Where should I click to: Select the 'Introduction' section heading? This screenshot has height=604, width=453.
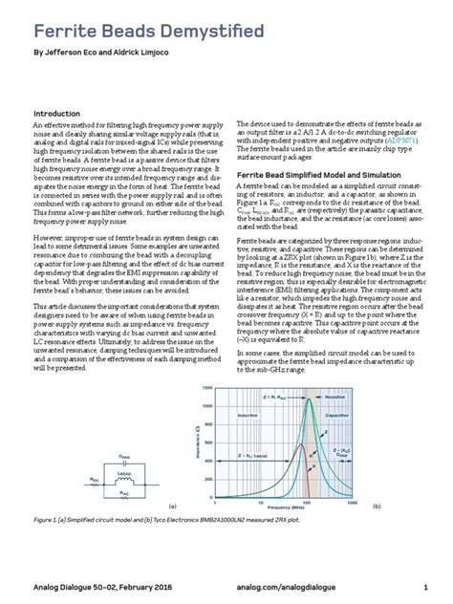60,113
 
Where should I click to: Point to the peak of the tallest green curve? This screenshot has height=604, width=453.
308,398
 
